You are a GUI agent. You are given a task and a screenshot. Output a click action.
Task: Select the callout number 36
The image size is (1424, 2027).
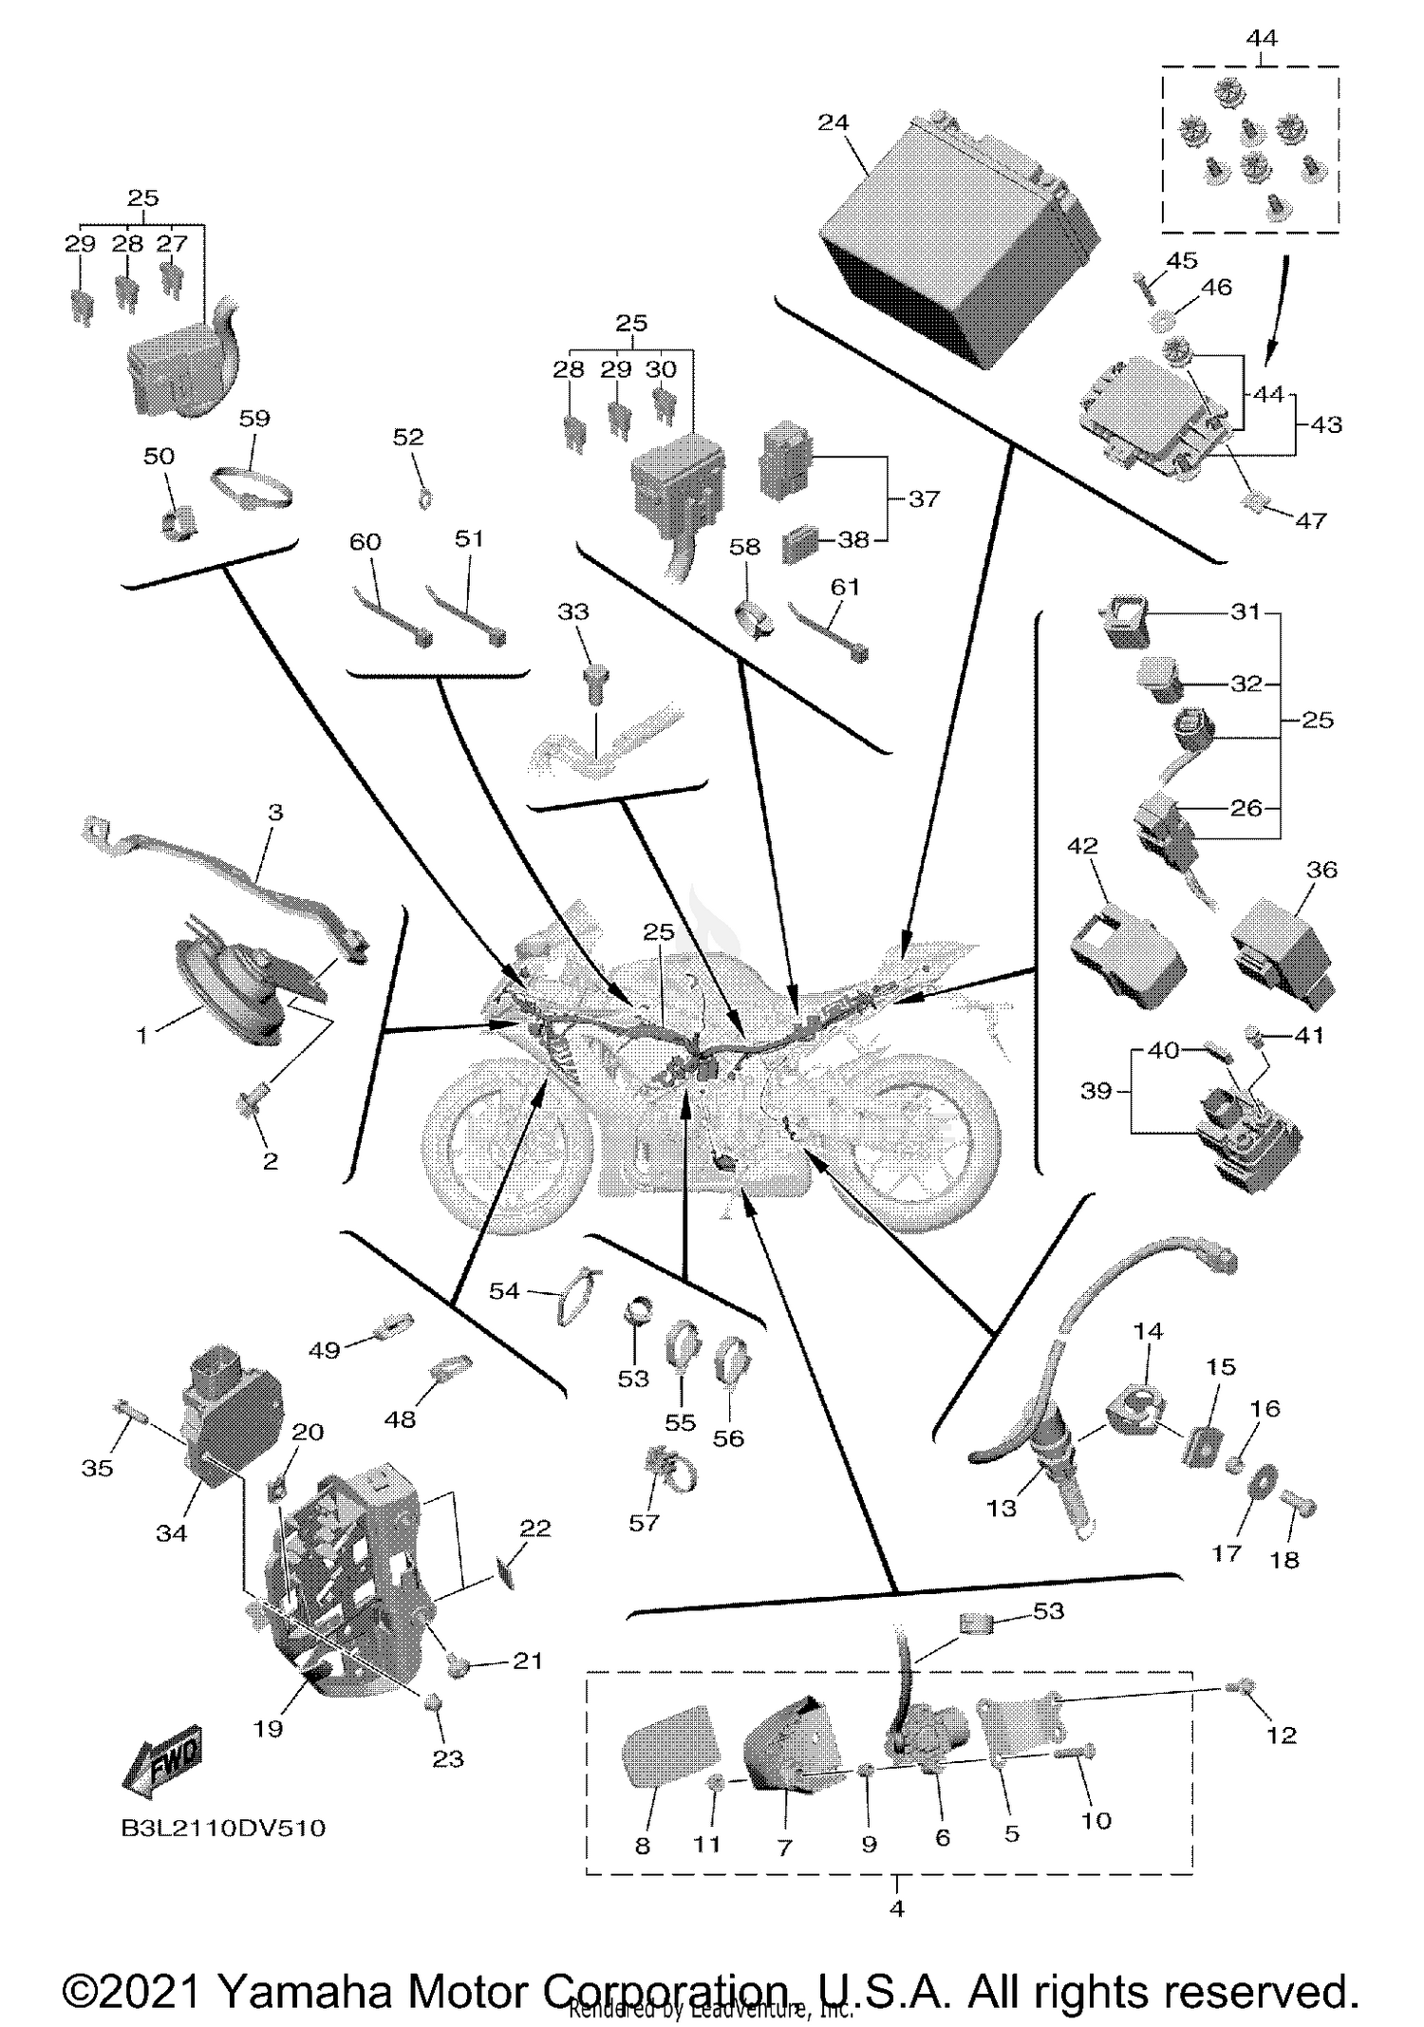(x=1321, y=870)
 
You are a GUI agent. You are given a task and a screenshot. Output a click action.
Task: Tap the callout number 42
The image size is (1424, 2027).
(x=1082, y=845)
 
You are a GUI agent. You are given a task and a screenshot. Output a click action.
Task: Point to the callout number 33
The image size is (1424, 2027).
(x=572, y=612)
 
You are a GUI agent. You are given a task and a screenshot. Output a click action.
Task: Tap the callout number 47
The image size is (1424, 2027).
(x=1310, y=520)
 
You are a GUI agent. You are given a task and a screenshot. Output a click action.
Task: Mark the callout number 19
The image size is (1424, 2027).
(x=268, y=1728)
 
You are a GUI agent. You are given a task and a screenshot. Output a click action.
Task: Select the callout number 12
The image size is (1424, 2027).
(x=1281, y=1735)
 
